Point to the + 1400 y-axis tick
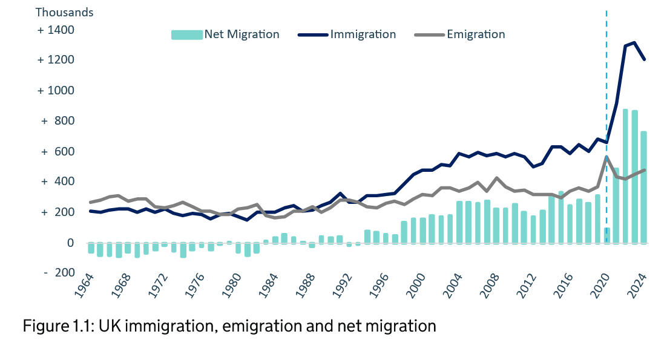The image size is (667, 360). click(56, 30)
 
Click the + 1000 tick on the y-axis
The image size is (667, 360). click(56, 91)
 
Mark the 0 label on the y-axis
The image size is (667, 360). click(70, 243)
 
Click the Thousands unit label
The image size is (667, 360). click(65, 12)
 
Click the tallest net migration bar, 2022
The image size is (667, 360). click(625, 175)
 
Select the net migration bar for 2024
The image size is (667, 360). click(644, 188)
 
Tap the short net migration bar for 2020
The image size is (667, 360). click(606, 235)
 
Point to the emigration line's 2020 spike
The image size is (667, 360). click(606, 157)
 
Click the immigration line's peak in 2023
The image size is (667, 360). click(634, 43)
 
